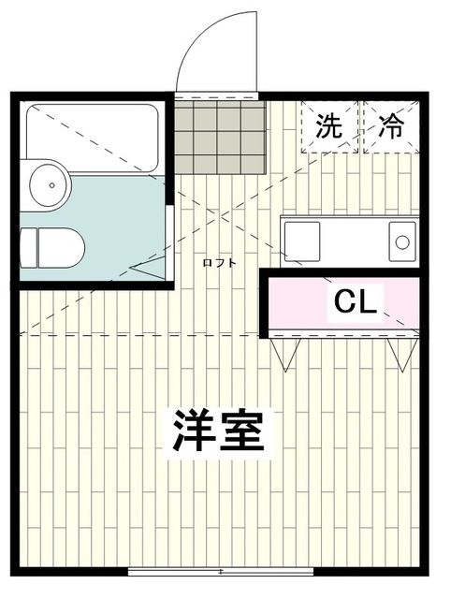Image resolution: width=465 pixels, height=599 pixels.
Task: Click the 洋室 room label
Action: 218,431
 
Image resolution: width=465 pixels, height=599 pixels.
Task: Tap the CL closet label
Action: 356,302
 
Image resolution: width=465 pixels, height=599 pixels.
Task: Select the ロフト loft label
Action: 220,262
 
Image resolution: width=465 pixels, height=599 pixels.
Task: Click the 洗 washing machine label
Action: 328,126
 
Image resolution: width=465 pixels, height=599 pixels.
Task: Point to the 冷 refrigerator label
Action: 390,126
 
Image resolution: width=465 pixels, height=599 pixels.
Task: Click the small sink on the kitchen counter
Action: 401,241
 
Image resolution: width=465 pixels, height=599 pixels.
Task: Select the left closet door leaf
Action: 284,354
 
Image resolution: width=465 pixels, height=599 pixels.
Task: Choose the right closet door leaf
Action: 400,354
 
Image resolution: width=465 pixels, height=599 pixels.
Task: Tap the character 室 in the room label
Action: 244,431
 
